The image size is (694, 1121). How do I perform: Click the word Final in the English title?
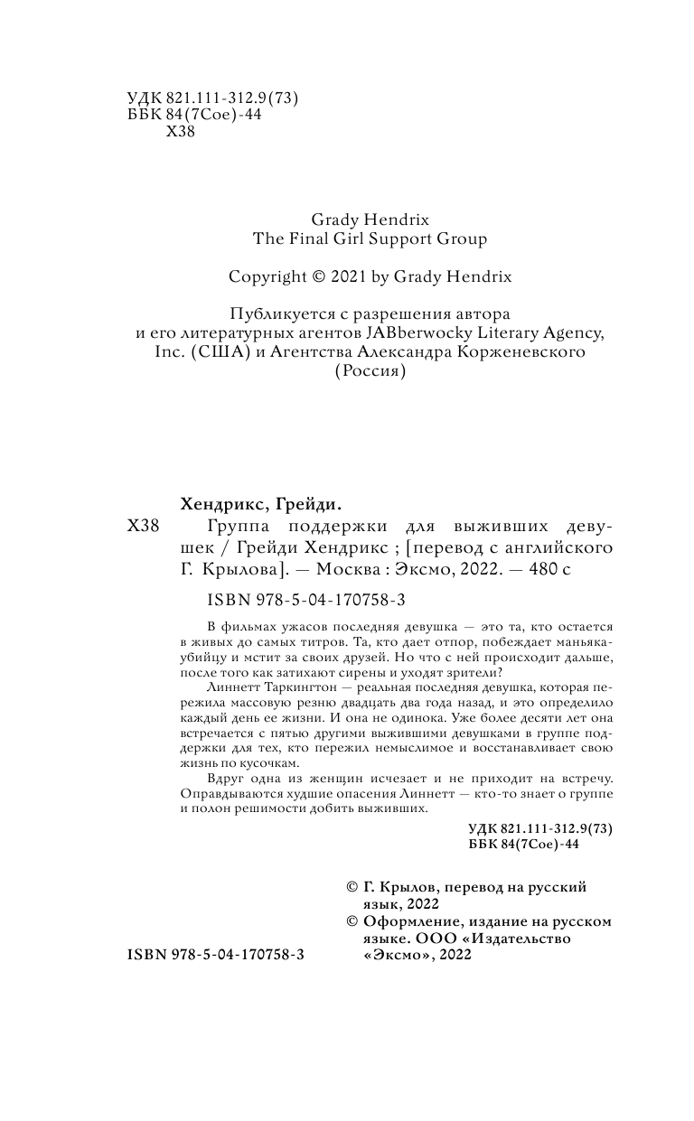pos(314,239)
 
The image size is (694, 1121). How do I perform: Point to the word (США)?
pos(218,352)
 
